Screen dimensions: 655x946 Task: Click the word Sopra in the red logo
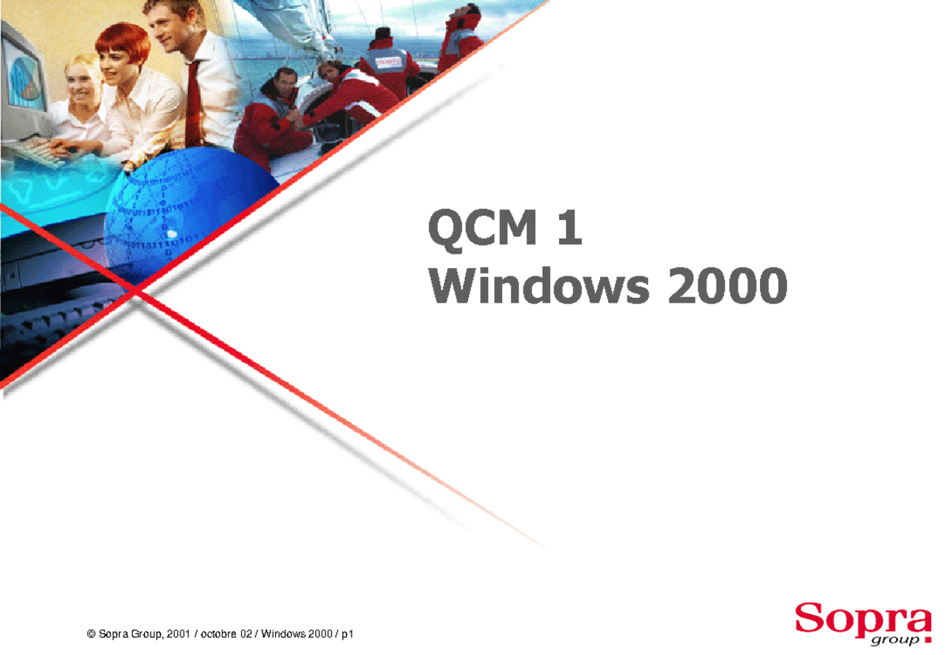(x=862, y=616)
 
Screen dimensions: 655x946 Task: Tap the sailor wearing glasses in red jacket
(x=276, y=118)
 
